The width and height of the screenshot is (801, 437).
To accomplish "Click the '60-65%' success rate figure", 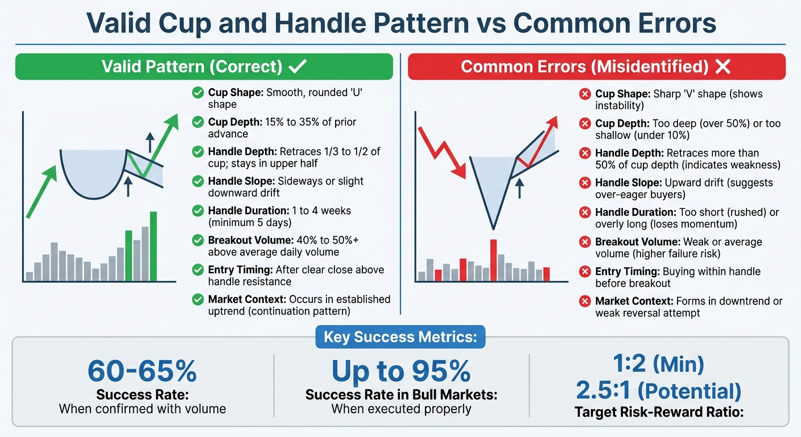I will tap(142, 371).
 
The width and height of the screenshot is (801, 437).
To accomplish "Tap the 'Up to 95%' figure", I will tap(401, 371).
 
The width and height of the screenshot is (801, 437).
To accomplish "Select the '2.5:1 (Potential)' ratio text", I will tap(659, 391).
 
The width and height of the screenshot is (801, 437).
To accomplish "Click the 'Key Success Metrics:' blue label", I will tap(400, 337).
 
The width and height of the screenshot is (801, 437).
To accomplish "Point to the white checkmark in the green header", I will tap(298, 67).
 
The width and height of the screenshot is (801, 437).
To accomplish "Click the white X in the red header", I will tap(722, 67).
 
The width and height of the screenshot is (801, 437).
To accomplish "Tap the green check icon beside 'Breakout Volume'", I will tap(198, 240).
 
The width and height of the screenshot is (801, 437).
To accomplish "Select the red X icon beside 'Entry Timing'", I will tap(585, 272).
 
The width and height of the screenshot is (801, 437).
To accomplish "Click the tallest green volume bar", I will tap(153, 246).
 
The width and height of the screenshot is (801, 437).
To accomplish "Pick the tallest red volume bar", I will tap(493, 260).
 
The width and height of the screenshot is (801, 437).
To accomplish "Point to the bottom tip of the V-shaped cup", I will tap(493, 228).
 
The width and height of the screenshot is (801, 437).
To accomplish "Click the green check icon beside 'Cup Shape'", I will tap(198, 92).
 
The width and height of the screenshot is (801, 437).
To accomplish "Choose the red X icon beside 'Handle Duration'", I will tap(585, 212).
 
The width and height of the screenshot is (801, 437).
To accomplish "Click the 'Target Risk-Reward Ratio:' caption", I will tap(659, 412).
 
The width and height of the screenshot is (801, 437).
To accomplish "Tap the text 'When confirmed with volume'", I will tap(142, 409).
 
